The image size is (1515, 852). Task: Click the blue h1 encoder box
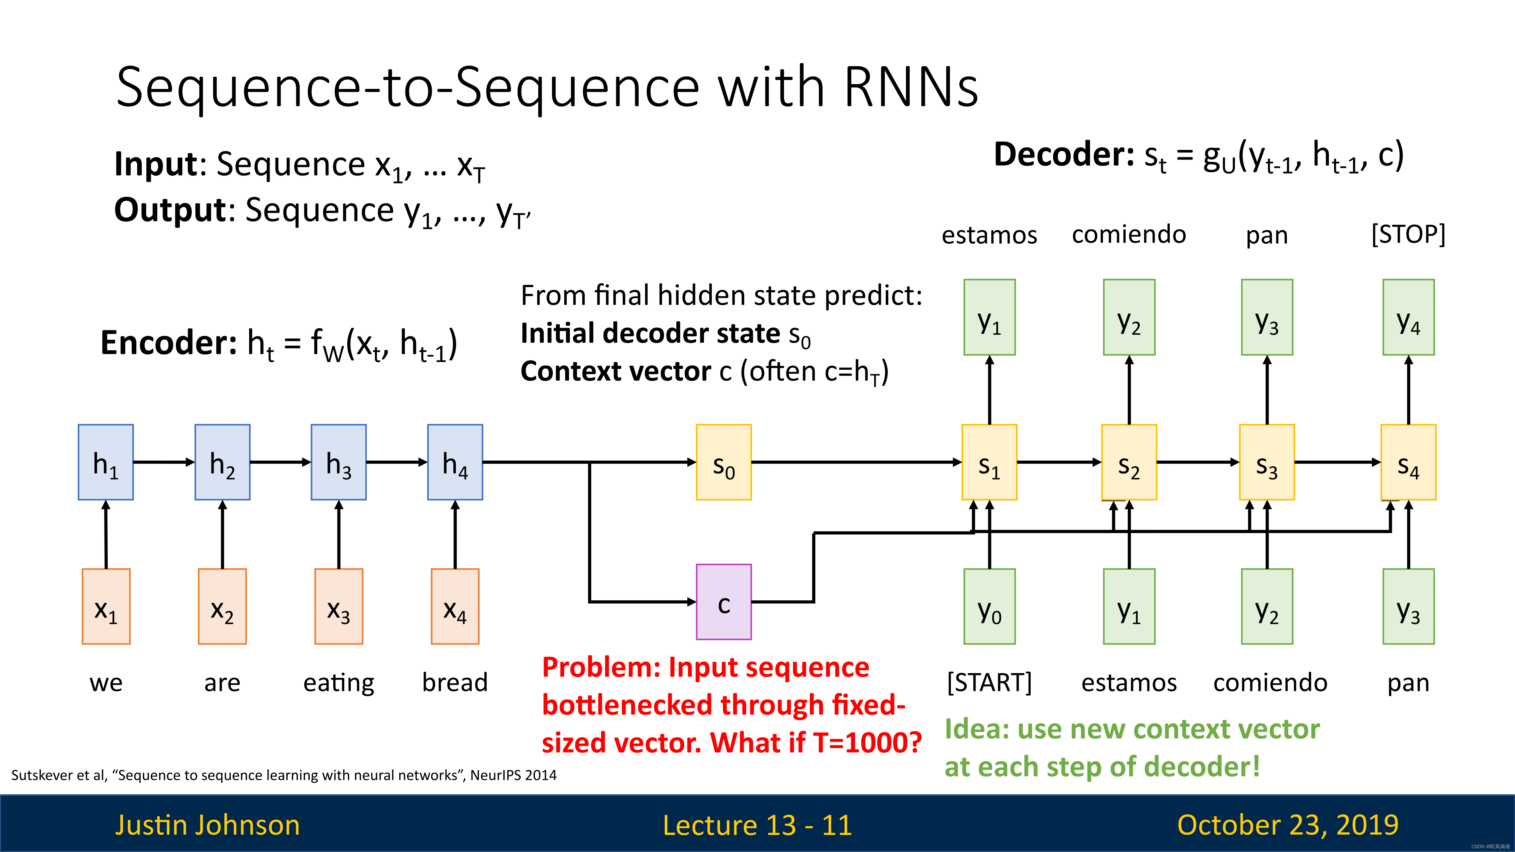106,462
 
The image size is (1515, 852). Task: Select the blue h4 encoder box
455,462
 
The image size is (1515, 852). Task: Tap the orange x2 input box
222,606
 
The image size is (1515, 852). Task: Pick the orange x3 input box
339,606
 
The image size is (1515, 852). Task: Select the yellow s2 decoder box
1129,462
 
